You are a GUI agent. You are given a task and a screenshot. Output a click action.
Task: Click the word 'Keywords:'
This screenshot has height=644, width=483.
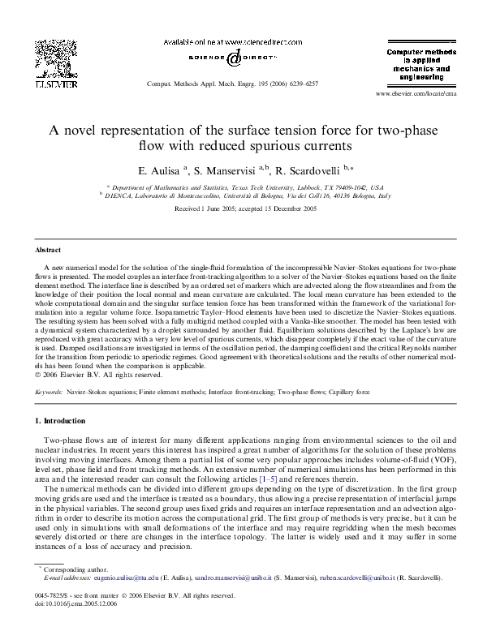(50, 391)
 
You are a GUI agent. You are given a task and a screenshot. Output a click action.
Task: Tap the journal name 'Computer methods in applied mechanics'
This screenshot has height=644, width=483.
(416, 61)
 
